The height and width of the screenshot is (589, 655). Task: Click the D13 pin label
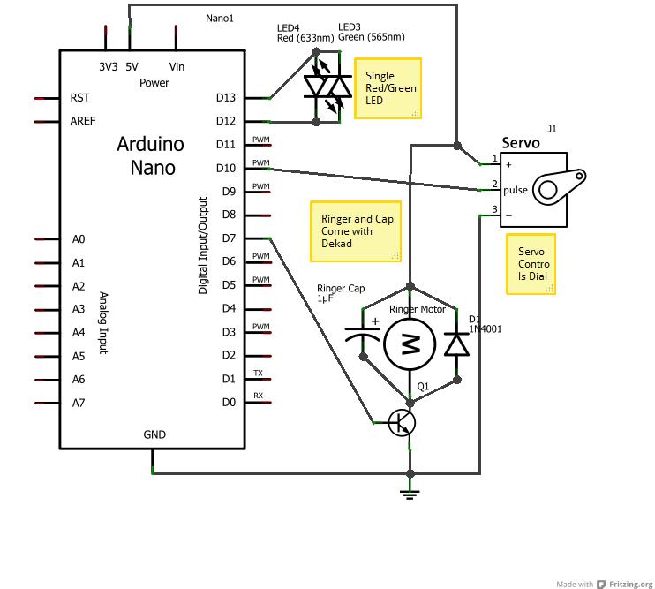226,97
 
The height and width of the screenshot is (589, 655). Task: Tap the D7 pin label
229,238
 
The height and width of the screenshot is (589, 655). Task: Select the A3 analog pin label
79,309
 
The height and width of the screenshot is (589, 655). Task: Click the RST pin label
79,98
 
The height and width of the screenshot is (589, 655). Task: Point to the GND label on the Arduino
154,434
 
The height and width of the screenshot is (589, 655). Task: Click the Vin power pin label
177,67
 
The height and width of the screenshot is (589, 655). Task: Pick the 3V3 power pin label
109,67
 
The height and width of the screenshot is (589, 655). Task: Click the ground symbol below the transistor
410,495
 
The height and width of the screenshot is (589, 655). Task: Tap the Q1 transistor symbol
402,423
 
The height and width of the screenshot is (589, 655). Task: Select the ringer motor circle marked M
410,344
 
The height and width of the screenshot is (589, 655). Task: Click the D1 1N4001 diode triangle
456,344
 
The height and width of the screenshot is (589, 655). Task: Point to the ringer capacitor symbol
363,333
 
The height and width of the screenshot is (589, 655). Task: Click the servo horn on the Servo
560,186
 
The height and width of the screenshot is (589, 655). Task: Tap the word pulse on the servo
516,191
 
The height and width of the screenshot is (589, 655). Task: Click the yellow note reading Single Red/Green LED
388,88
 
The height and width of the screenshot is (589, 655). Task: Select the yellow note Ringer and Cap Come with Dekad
356,231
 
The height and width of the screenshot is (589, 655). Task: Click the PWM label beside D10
261,162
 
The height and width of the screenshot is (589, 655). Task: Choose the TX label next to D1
258,373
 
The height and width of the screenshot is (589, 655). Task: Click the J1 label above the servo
552,129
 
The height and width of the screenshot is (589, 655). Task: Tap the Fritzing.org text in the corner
631,584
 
